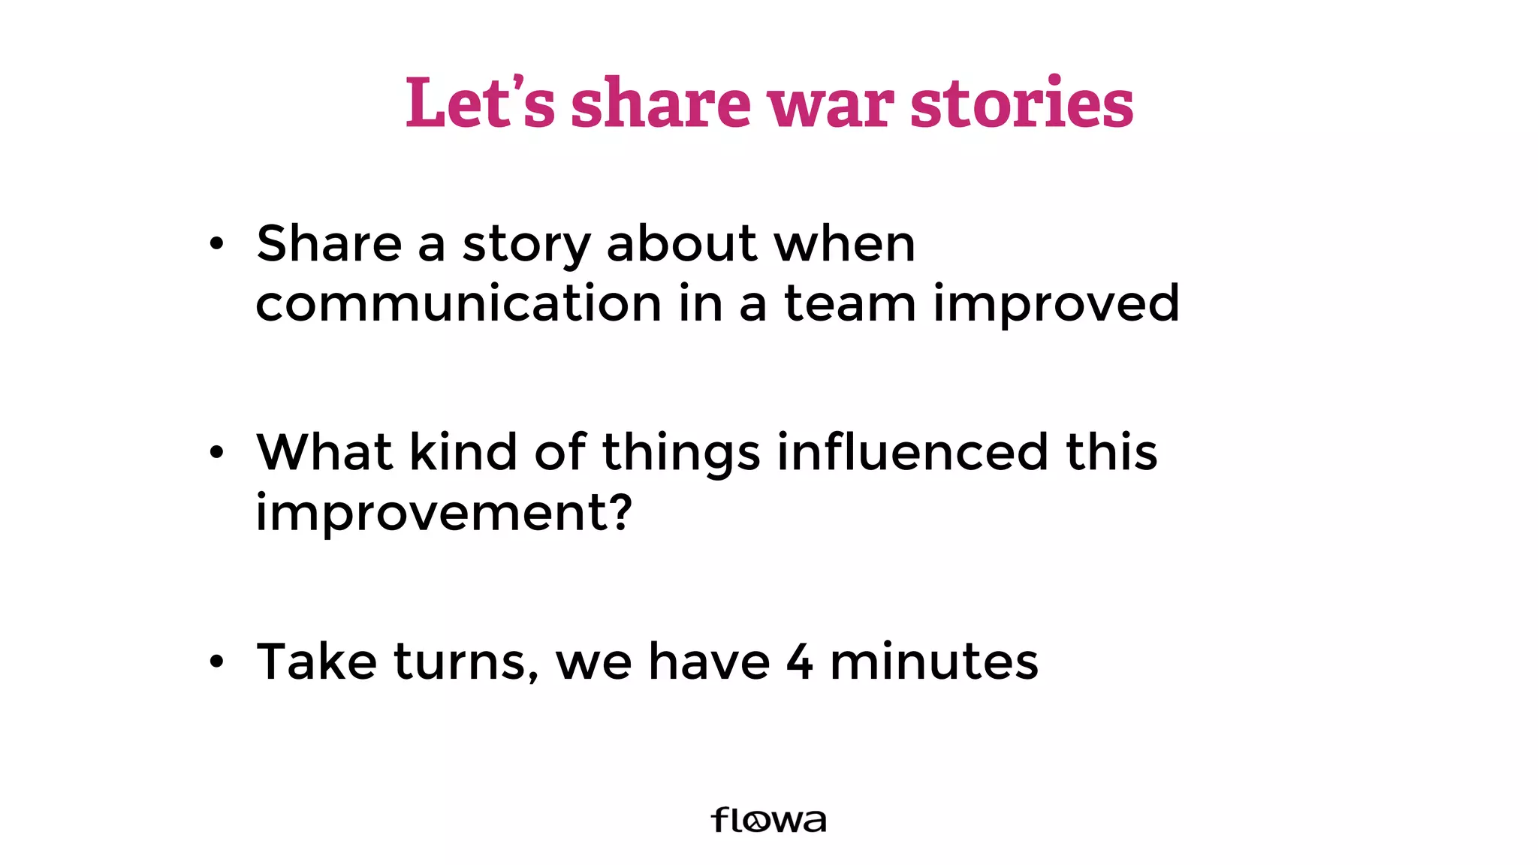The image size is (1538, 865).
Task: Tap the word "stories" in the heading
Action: (x=1021, y=103)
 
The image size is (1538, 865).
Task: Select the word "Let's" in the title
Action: (x=480, y=103)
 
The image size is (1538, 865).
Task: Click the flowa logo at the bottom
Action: (x=768, y=820)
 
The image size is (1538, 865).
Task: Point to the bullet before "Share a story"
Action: (x=217, y=244)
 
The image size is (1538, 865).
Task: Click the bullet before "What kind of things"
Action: (x=217, y=453)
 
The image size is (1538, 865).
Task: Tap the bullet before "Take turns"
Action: (x=217, y=662)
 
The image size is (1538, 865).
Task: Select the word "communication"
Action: (x=458, y=303)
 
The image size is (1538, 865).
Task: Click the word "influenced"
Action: (x=912, y=452)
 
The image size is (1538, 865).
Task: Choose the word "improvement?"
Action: (x=444, y=514)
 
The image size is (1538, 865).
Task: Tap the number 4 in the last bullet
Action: (x=800, y=662)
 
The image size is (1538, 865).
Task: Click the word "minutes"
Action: (x=933, y=662)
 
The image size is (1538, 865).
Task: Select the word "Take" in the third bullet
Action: (x=317, y=662)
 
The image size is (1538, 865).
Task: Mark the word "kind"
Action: (x=463, y=452)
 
